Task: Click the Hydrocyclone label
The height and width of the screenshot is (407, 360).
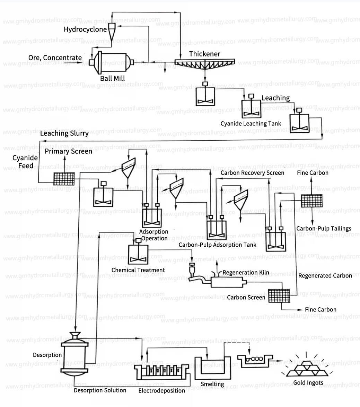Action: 85,29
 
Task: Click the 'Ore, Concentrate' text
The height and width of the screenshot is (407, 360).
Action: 55,58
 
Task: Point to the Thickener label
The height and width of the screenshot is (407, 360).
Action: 204,54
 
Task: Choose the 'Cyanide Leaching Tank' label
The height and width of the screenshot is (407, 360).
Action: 251,123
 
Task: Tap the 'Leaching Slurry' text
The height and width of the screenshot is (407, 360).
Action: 64,133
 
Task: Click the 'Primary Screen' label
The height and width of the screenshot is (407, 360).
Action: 68,151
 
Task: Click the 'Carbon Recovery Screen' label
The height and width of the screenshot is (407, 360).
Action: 252,172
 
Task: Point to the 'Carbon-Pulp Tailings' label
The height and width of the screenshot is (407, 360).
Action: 324,228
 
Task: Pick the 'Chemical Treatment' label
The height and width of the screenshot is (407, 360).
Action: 138,270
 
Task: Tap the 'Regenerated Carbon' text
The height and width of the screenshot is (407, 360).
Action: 325,276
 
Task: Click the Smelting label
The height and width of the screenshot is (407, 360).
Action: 212,384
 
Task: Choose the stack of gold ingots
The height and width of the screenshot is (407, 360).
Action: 307,368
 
